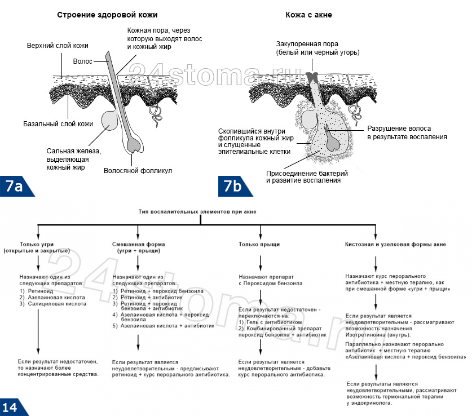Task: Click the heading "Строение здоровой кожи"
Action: (107, 15)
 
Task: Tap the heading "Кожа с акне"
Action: (308, 15)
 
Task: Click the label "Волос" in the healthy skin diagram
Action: (82, 61)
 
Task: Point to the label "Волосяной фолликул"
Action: (138, 171)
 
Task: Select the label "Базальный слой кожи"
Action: (58, 124)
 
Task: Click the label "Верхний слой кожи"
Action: (58, 46)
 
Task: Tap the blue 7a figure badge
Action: (16, 186)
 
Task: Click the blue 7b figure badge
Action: (234, 186)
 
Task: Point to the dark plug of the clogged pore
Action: (312, 77)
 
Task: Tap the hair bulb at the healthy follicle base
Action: (134, 144)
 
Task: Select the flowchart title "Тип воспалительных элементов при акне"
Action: (197, 212)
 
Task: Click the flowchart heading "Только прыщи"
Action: (259, 244)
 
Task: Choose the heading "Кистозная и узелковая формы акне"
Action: (395, 244)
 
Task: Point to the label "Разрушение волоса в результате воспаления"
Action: (407, 132)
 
